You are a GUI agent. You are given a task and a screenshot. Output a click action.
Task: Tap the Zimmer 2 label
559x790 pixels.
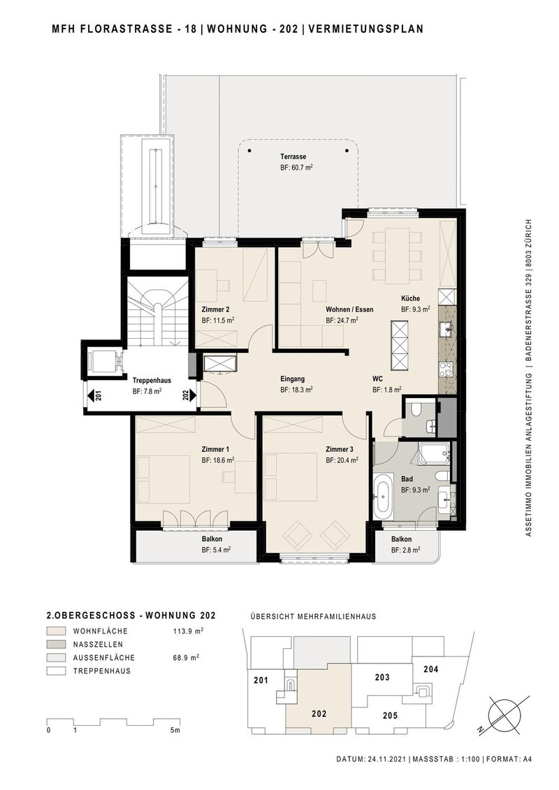pos(215,309)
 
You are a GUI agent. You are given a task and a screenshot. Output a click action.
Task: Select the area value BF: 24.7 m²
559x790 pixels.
pos(342,321)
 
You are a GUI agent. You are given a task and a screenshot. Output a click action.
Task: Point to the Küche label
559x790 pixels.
pos(410,297)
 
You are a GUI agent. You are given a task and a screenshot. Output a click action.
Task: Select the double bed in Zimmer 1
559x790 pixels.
pos(162,478)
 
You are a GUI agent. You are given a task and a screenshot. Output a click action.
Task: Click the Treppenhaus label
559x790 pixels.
pos(152,381)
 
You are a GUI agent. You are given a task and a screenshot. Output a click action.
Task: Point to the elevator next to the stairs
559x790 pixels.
pos(103,362)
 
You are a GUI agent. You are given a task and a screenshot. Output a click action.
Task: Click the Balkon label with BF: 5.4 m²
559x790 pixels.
pos(212,539)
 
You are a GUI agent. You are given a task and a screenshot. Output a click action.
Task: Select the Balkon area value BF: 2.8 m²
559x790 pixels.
pos(405,550)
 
